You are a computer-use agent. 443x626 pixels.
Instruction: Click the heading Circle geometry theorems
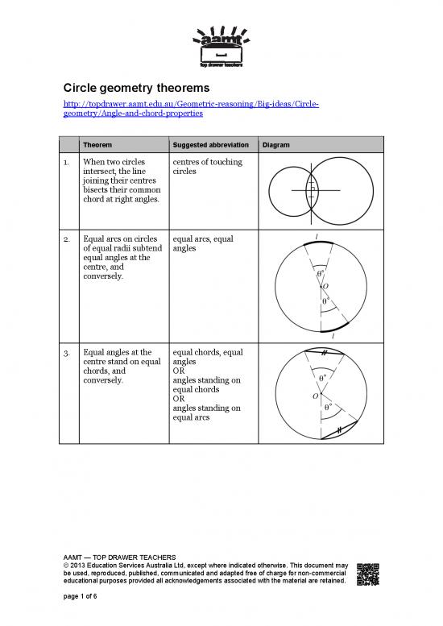[x=136, y=87]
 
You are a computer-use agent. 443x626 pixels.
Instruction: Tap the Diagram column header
[x=275, y=145]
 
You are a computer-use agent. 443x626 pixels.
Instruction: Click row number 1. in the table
[x=68, y=163]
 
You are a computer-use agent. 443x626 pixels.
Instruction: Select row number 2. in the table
[x=68, y=238]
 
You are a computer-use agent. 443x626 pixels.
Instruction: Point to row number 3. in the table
[x=68, y=352]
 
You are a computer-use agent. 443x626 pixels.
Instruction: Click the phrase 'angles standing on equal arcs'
[x=206, y=412]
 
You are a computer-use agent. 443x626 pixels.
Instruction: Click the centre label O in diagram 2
[x=325, y=285]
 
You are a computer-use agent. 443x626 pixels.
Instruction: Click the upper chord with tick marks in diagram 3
[x=322, y=352]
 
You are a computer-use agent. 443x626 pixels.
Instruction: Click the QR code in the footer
[x=367, y=572]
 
